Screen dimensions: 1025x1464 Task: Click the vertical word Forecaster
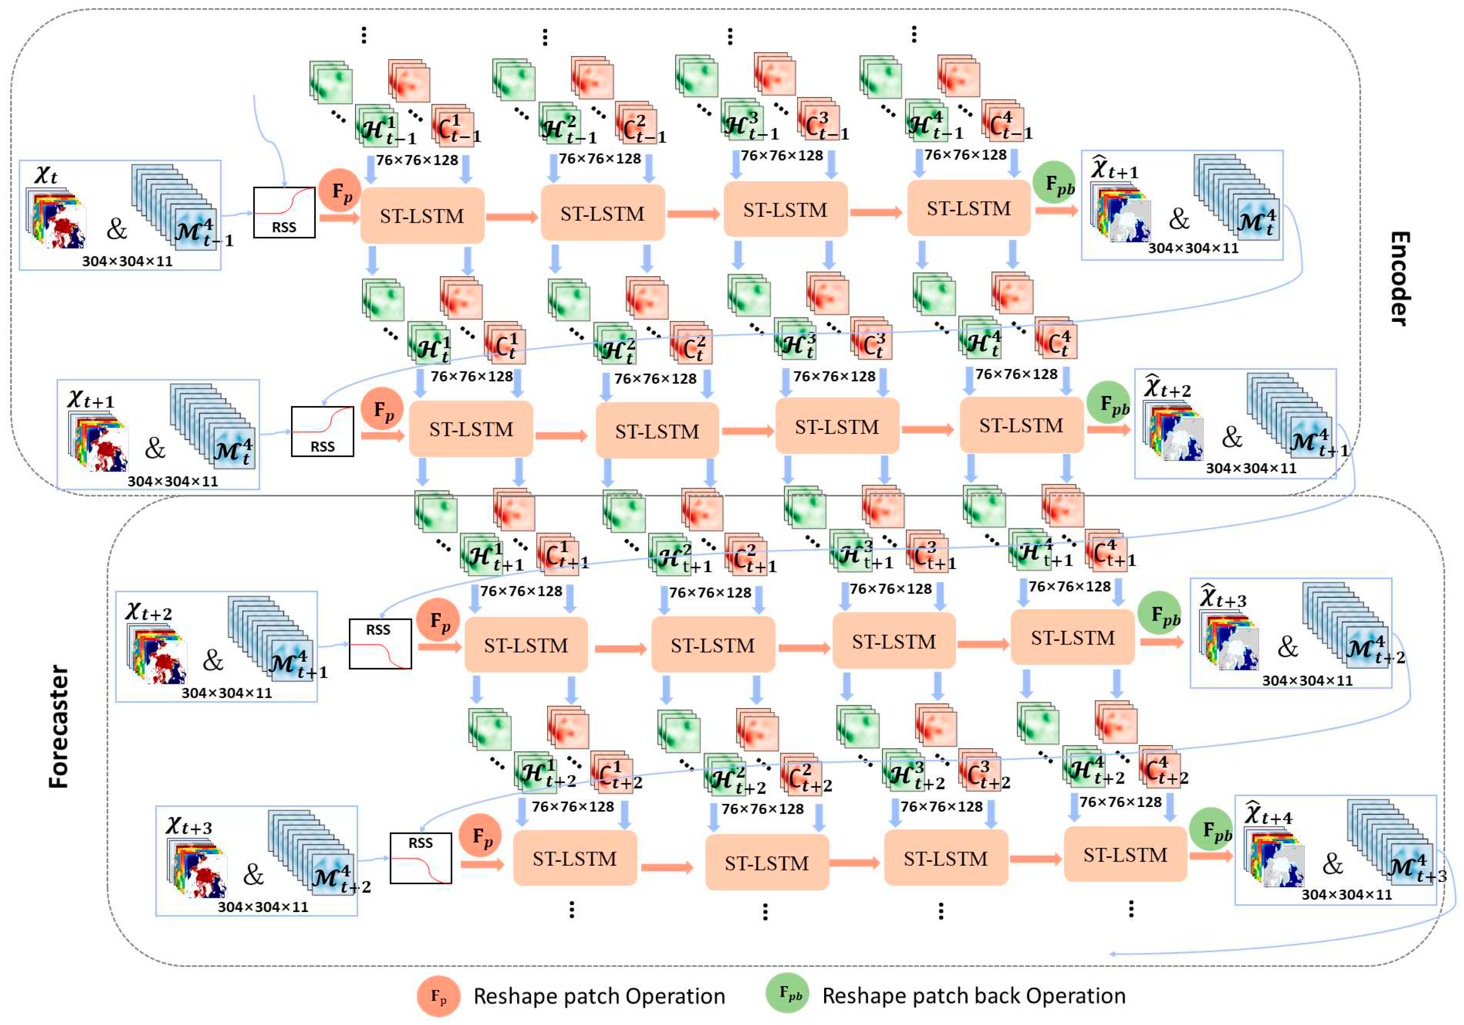(x=59, y=726)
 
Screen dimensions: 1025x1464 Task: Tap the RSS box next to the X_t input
(x=284, y=212)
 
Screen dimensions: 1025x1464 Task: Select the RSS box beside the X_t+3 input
(x=420, y=858)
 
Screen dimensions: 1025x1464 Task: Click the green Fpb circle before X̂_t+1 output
(x=1053, y=182)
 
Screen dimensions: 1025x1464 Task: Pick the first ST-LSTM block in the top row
(x=422, y=215)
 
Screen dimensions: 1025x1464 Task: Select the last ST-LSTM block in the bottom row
(x=1125, y=854)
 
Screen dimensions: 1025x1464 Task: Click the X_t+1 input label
(x=91, y=399)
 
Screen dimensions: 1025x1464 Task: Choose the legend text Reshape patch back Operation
(x=974, y=996)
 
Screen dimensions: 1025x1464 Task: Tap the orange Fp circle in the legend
(x=438, y=996)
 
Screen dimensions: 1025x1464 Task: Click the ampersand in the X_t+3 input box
(x=253, y=874)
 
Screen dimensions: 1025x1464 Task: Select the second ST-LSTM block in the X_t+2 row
(x=712, y=645)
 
